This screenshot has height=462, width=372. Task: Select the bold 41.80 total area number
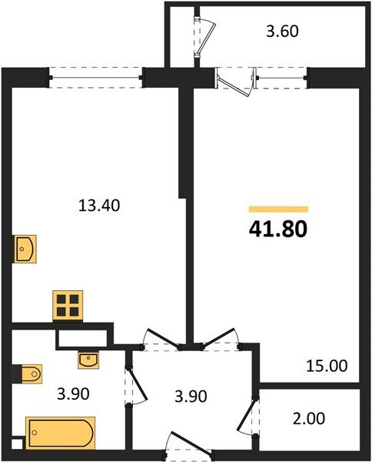click(x=277, y=229)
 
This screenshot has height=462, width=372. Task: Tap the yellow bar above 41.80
click(x=277, y=209)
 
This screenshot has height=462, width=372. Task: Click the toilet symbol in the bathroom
click(x=28, y=374)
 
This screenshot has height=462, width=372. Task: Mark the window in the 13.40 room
click(x=97, y=75)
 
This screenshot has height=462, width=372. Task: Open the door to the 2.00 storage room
click(x=249, y=416)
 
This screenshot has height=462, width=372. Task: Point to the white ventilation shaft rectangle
click(x=82, y=337)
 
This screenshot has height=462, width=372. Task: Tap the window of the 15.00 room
click(x=282, y=75)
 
